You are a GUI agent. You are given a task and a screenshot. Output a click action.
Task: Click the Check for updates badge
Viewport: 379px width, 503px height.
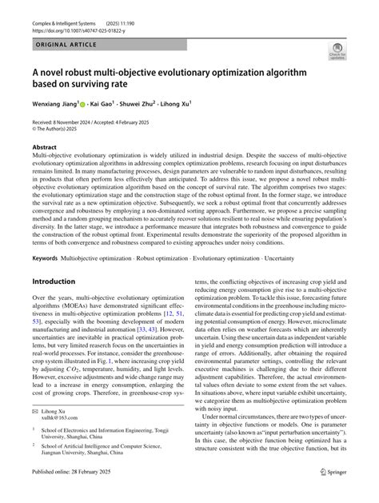[337, 53]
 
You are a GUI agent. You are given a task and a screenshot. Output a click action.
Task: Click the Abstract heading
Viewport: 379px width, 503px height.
[44, 148]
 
